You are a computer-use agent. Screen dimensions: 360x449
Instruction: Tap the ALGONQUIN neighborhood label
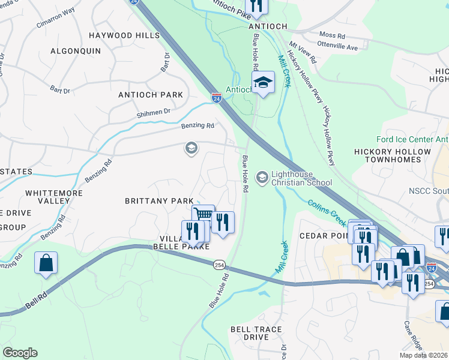75,51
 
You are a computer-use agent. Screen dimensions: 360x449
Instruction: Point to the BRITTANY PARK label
159,200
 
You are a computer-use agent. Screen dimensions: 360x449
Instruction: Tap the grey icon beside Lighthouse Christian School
262,177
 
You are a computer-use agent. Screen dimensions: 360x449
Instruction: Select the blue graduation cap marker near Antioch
262,82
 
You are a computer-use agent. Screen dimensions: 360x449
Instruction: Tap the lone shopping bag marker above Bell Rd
46,263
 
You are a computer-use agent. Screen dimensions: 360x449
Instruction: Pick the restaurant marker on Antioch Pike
257,6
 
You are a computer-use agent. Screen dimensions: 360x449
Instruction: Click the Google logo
20,353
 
